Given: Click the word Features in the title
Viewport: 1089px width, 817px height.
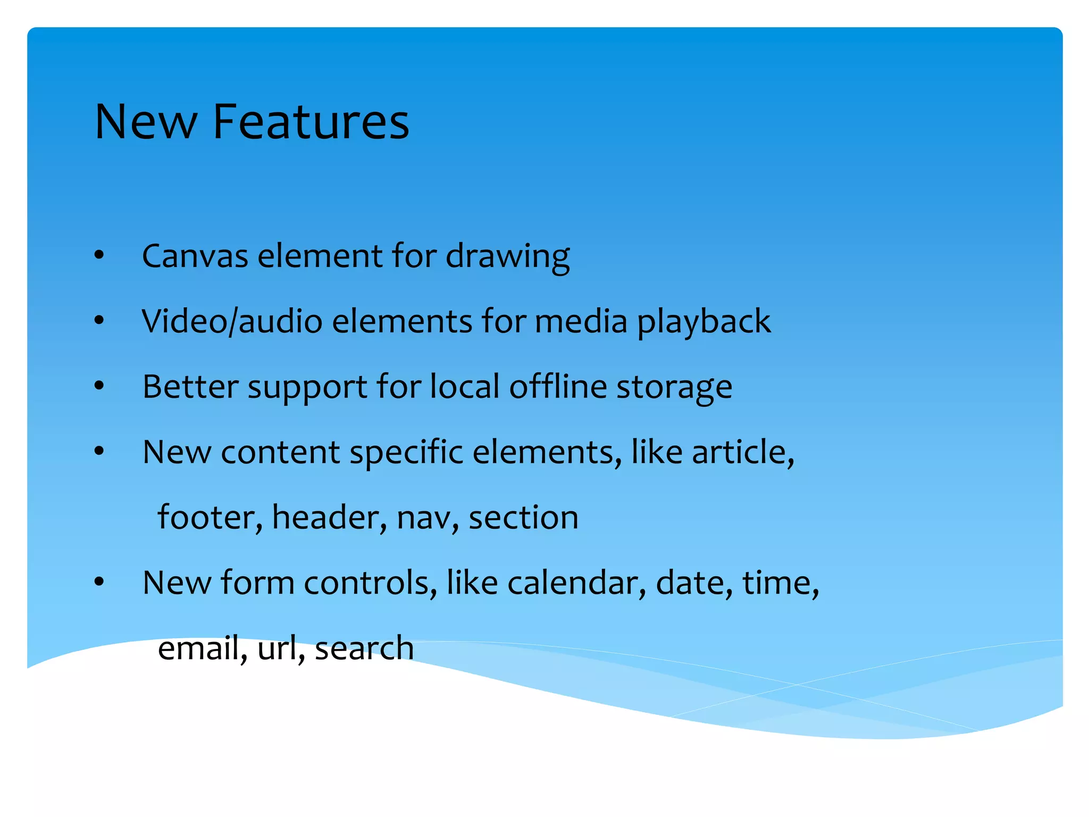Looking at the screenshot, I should point(311,122).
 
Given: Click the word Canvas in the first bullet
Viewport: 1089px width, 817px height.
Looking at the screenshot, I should point(195,256).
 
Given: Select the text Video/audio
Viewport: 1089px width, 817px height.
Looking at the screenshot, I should point(232,322).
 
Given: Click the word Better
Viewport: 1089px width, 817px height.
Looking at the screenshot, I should point(190,387).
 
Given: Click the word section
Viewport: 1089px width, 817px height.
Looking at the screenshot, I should point(523,518).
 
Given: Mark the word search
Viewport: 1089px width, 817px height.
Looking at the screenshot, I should point(364,648).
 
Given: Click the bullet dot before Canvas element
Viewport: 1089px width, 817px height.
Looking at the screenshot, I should point(99,256).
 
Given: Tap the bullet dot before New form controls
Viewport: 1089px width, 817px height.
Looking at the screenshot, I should point(99,582).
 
